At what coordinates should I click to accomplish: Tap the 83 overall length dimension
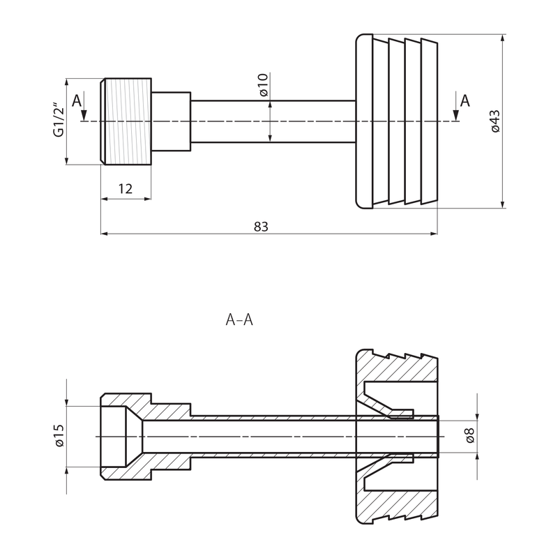pyautogui.click(x=262, y=226)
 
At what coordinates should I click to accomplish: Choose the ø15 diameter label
pyautogui.click(x=59, y=437)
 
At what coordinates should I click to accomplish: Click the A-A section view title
pyautogui.click(x=238, y=320)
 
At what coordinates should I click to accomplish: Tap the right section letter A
pyautogui.click(x=465, y=100)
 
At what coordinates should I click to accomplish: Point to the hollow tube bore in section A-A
pyautogui.click(x=279, y=437)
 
